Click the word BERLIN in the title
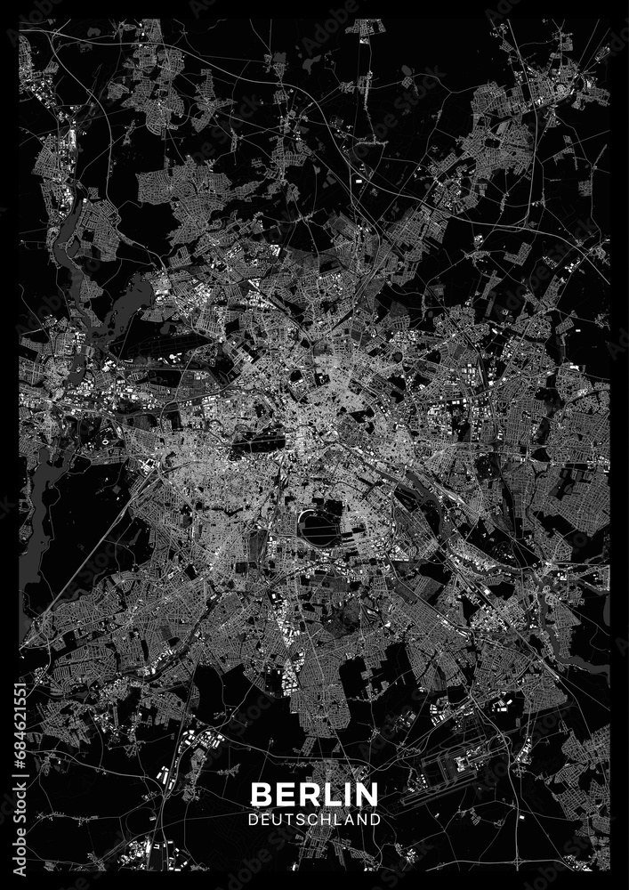(314, 793)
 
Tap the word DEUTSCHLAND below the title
(314, 816)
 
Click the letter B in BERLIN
(261, 793)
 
